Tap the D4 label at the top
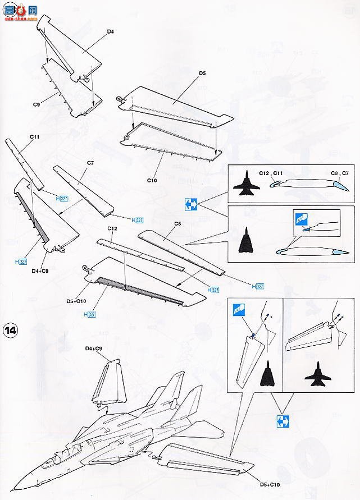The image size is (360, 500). point(110,33)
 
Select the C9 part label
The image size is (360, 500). point(37,104)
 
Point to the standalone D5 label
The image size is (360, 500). point(202,73)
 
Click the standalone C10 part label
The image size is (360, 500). point(151,180)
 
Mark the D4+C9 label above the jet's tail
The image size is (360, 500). point(95,349)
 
